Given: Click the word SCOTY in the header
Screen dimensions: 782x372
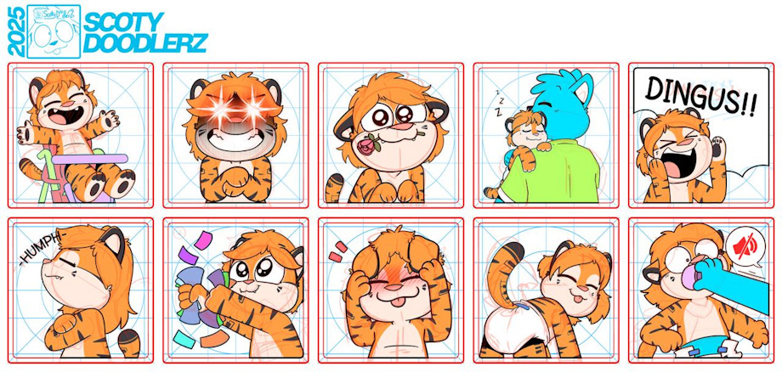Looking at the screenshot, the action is coord(123,22).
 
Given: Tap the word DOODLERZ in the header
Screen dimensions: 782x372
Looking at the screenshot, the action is coord(144,43).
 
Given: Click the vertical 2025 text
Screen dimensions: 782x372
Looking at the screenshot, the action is coord(16,31).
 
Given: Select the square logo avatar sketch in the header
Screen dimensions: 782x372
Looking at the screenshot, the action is coord(54,31).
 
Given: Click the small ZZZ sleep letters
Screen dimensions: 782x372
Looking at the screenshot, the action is coord(499,102).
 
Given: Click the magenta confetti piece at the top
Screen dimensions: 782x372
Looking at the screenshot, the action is coord(203,240).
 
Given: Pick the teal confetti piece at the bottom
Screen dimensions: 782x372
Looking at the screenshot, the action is coord(184,339).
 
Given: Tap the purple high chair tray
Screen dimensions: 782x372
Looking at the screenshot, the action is coord(90,159).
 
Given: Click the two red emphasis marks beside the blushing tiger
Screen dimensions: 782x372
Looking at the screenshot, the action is coord(337,251).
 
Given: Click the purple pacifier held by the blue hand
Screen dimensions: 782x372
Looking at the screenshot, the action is coord(689,276).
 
